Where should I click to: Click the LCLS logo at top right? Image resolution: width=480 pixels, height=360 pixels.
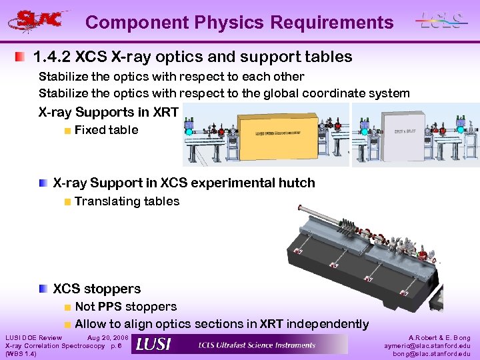coord(441,20)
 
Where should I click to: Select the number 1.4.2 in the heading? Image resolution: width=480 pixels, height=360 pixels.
coord(53,57)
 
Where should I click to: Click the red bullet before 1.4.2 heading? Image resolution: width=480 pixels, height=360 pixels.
coord(22,57)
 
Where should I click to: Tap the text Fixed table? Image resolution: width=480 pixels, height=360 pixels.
coord(106,130)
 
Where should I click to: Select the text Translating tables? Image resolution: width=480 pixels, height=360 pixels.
coord(127,201)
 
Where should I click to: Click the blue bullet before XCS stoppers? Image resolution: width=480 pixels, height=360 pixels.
coord(43,289)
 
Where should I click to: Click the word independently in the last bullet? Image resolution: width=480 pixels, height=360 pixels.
coord(327,324)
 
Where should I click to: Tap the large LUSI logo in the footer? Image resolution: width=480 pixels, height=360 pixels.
coord(153,345)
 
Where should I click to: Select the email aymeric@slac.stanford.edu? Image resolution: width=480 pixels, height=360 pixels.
coord(427,346)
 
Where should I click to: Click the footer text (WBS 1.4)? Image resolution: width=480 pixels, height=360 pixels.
coord(21,354)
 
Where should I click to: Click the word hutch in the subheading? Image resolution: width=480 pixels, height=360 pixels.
coord(295,183)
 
